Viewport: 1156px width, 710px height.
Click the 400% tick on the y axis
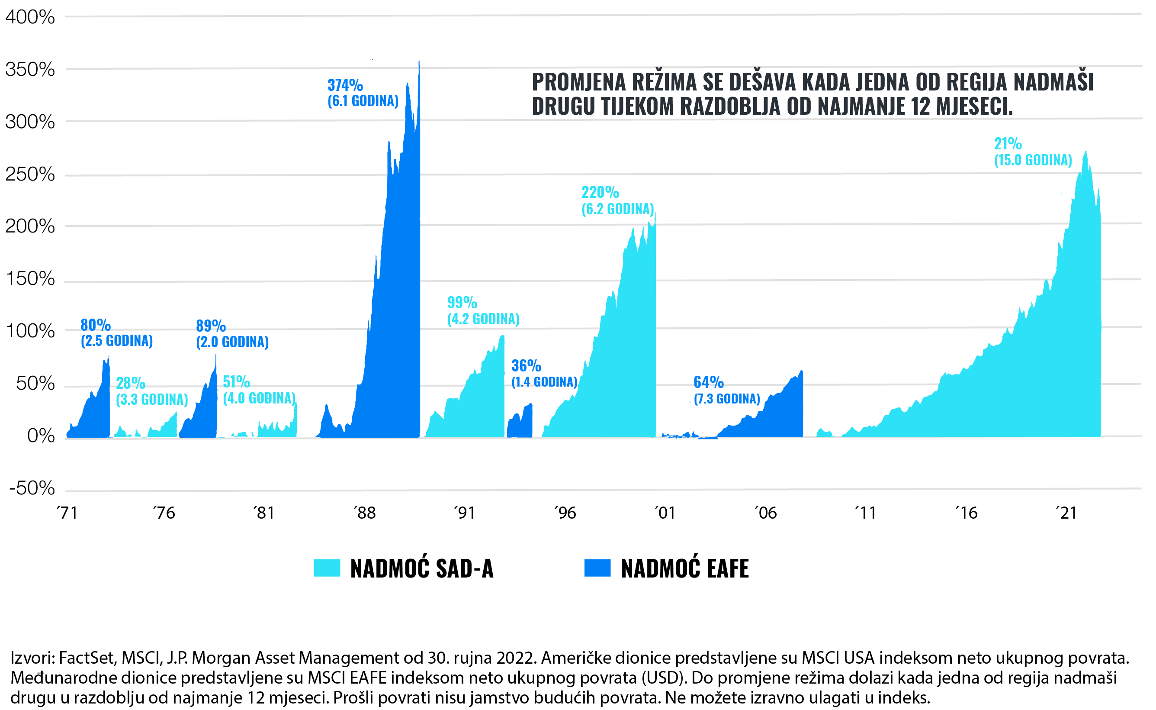pyautogui.click(x=30, y=17)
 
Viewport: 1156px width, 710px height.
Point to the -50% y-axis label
pyautogui.click(x=32, y=489)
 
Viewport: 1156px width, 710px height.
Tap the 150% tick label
pyautogui.click(x=30, y=279)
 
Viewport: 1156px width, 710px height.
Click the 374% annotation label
pyautogui.click(x=345, y=85)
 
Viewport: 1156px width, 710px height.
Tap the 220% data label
pyautogui.click(x=600, y=192)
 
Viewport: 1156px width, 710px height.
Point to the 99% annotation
pyautogui.click(x=462, y=303)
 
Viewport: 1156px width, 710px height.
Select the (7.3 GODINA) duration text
pyautogui.click(x=727, y=399)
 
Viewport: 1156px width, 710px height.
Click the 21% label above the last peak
pyautogui.click(x=1008, y=144)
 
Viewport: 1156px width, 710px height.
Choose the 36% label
pyautogui.click(x=526, y=365)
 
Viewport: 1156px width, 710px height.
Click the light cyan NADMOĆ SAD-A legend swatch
pyautogui.click(x=327, y=568)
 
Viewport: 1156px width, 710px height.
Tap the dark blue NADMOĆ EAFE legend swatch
pyautogui.click(x=597, y=568)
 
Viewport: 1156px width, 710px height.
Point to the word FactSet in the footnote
pyautogui.click(x=87, y=658)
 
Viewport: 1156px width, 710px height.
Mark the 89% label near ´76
pyautogui.click(x=211, y=326)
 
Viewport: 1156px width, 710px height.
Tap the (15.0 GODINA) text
pyautogui.click(x=1033, y=160)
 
